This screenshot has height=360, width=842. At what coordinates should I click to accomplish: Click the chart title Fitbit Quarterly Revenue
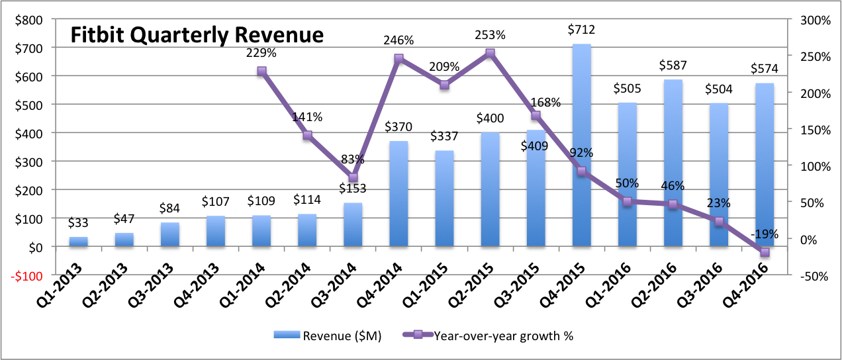tap(197, 35)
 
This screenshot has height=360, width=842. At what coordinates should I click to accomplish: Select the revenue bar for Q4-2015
tap(581, 146)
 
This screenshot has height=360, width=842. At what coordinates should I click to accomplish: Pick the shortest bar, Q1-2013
tap(78, 242)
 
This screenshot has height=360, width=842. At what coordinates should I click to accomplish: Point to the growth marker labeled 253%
tap(490, 54)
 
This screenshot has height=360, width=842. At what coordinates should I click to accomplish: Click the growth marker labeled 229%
tap(261, 71)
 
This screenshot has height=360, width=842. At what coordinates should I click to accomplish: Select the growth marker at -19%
tap(765, 252)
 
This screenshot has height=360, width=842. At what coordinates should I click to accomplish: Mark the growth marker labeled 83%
tap(353, 177)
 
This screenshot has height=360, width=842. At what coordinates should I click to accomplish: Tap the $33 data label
tap(78, 223)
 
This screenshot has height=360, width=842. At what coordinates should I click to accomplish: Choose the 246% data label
tap(398, 40)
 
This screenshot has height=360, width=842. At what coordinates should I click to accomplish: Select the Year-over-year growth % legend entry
tap(488, 336)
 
